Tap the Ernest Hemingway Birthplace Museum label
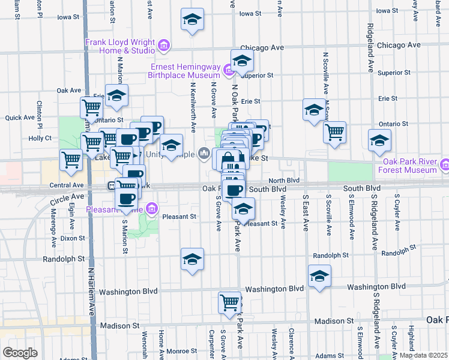(185, 71)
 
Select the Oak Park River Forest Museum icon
(444, 164)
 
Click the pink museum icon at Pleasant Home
(152, 209)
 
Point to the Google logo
(20, 353)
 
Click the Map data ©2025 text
(423, 355)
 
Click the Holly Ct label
(40, 137)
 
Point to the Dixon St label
(73, 238)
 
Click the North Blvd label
(284, 180)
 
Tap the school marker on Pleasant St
(243, 209)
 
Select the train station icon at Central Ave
(112, 185)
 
